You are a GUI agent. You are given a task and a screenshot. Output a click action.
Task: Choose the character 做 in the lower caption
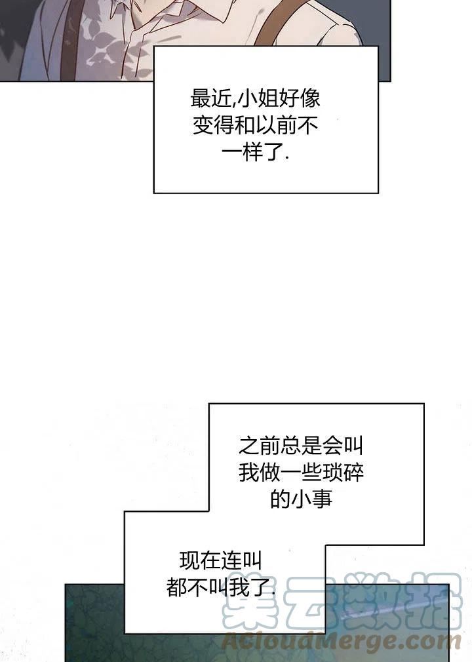pos(269,472)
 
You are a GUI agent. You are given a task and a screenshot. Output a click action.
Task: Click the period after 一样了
pos(288,159)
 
